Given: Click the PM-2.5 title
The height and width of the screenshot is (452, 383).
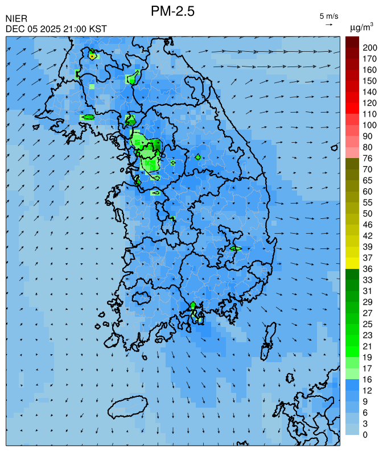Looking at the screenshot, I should click(x=173, y=11).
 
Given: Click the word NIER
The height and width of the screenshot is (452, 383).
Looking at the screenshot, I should click(x=16, y=19).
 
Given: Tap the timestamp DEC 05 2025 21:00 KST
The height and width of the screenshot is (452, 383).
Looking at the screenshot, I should click(x=56, y=29).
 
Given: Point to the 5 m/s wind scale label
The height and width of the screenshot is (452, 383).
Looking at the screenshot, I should click(x=329, y=16).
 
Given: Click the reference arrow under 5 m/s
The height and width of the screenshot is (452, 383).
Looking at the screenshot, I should click(x=329, y=24).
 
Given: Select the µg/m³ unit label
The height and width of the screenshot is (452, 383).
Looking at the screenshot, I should click(x=361, y=27).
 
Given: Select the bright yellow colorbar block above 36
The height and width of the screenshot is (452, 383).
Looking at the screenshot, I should click(x=352, y=263).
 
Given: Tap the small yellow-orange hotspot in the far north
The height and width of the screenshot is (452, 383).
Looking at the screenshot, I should click(x=92, y=56).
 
